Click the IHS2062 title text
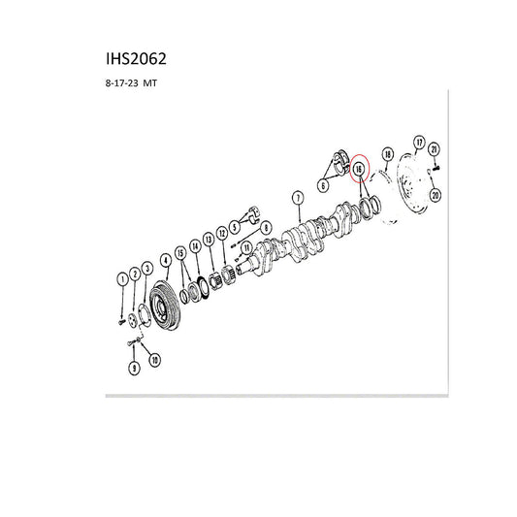pyautogui.click(x=136, y=59)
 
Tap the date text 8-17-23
pyautogui.click(x=121, y=83)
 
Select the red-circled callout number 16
pyautogui.click(x=359, y=170)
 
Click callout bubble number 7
pyautogui.click(x=298, y=198)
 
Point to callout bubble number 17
pyautogui.click(x=419, y=143)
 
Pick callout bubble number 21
pyautogui.click(x=434, y=149)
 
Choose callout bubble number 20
pyautogui.click(x=436, y=196)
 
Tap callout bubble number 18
pyautogui.click(x=388, y=154)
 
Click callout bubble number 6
pyautogui.click(x=323, y=185)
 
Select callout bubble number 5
pyautogui.click(x=235, y=227)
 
